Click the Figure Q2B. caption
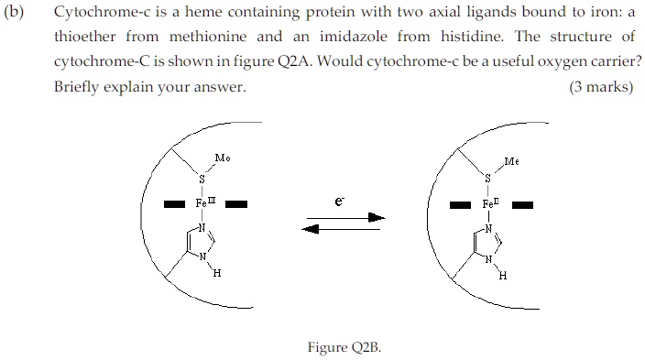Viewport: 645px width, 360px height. pyautogui.click(x=344, y=347)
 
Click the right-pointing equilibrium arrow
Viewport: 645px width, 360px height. pyautogui.click(x=346, y=217)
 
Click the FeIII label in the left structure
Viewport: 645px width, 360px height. pyautogui.click(x=205, y=202)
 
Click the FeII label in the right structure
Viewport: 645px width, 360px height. pyautogui.click(x=491, y=203)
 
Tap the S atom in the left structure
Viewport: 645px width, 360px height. pyautogui.click(x=202, y=178)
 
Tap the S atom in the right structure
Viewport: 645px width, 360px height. pyautogui.click(x=487, y=178)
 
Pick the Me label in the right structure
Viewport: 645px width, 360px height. pyautogui.click(x=511, y=162)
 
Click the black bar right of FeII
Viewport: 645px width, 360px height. pyautogui.click(x=522, y=205)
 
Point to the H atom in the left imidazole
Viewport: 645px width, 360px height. pyautogui.click(x=216, y=273)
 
